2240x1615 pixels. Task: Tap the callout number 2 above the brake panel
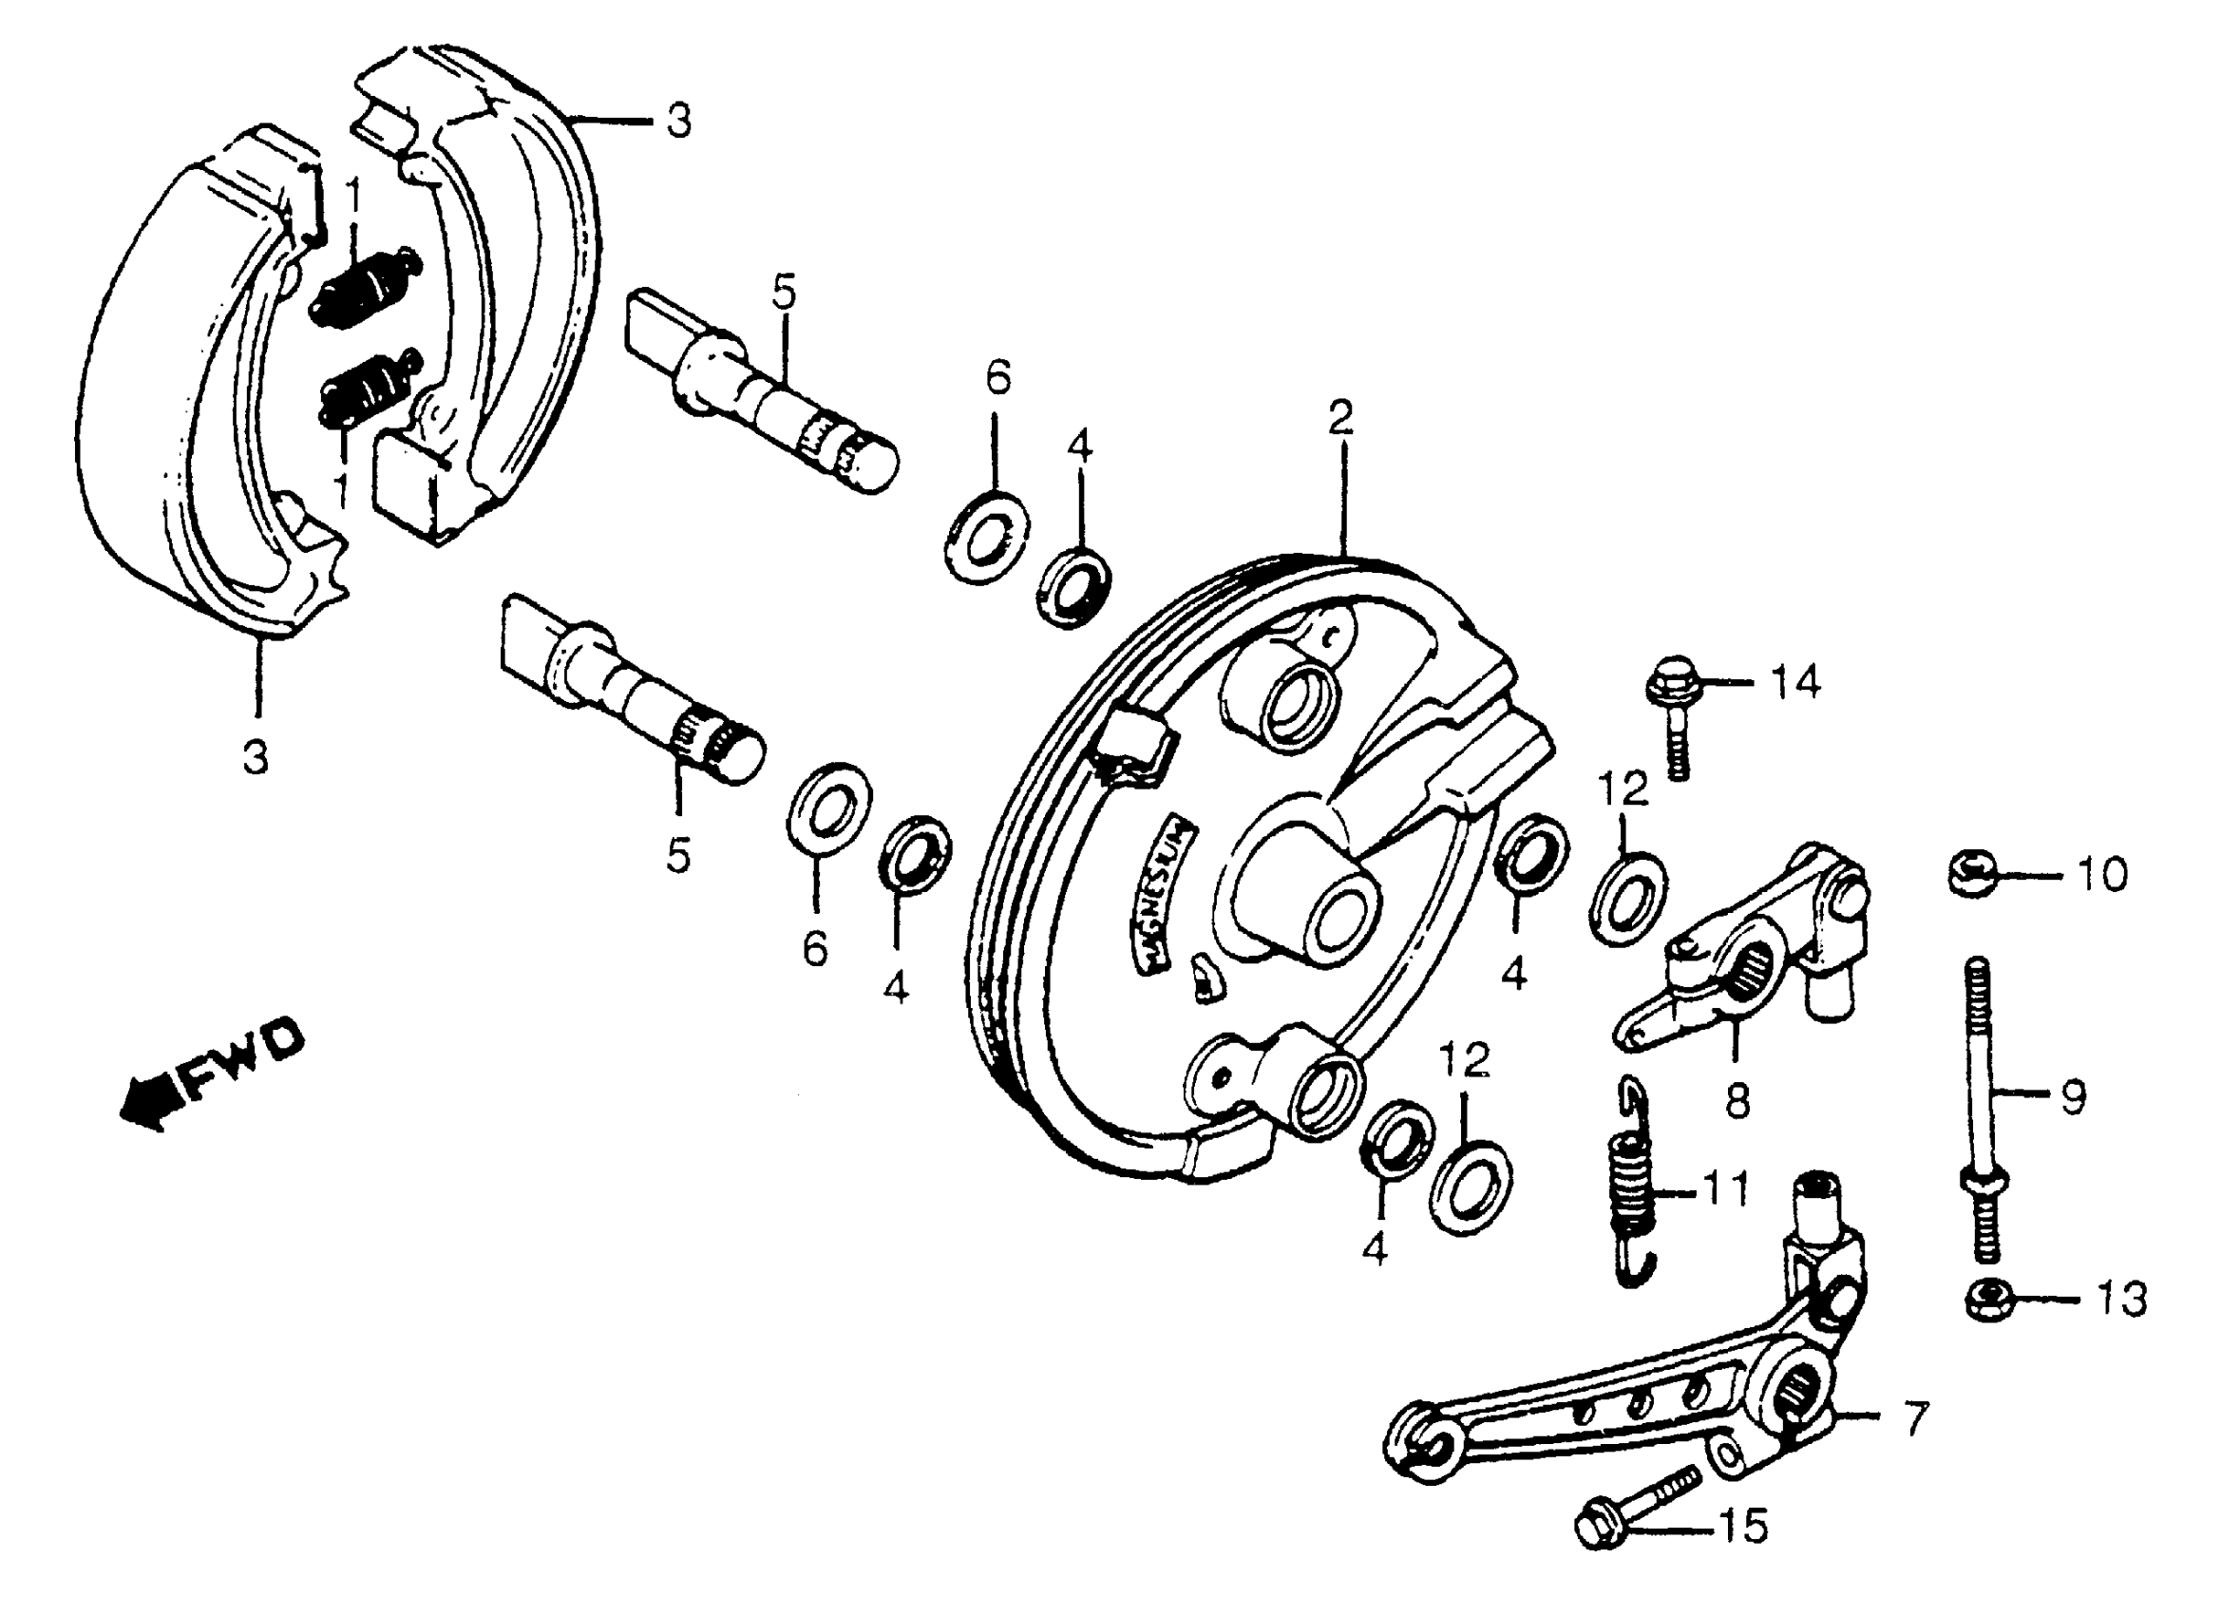[1339, 419]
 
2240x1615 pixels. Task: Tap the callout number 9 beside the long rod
[2070, 1096]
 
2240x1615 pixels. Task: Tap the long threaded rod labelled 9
[1982, 1107]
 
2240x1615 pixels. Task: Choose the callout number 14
[1794, 681]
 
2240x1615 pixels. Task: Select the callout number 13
[2119, 1300]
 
